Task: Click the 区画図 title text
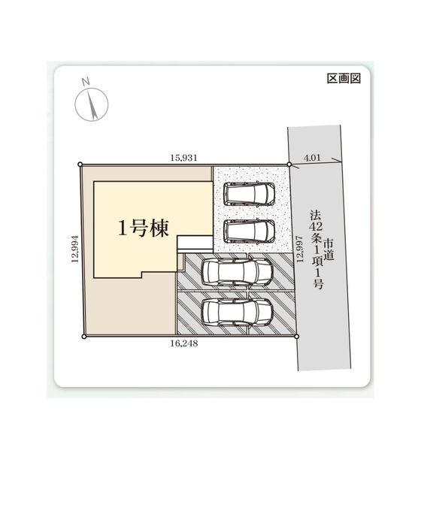click(x=344, y=78)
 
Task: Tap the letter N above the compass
click(x=86, y=81)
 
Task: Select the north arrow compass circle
click(x=92, y=104)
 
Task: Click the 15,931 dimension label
click(x=183, y=157)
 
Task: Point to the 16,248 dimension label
click(x=184, y=343)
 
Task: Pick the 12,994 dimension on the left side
click(x=74, y=249)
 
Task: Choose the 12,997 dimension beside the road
click(x=300, y=249)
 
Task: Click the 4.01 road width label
click(x=312, y=157)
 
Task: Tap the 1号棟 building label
click(x=144, y=228)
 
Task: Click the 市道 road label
click(x=329, y=249)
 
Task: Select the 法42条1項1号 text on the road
click(x=317, y=249)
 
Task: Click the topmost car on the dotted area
click(x=250, y=194)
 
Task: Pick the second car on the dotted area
click(x=250, y=231)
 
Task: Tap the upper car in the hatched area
click(x=237, y=272)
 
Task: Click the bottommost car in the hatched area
click(x=237, y=312)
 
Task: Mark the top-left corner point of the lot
click(x=80, y=165)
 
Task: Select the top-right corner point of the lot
click(x=289, y=164)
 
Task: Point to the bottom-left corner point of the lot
click(x=84, y=336)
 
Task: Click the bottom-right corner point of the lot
click(x=296, y=336)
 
